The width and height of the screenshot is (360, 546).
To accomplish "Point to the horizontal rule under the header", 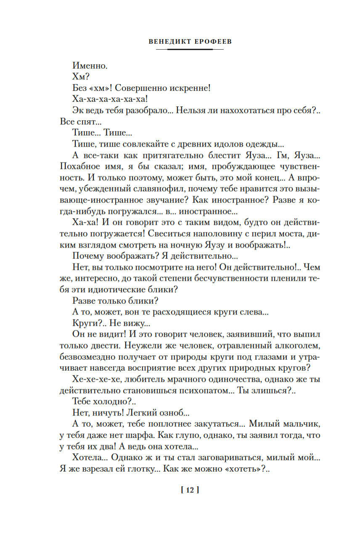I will pos(190,49).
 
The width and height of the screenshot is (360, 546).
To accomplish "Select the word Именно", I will pos(90,66).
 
